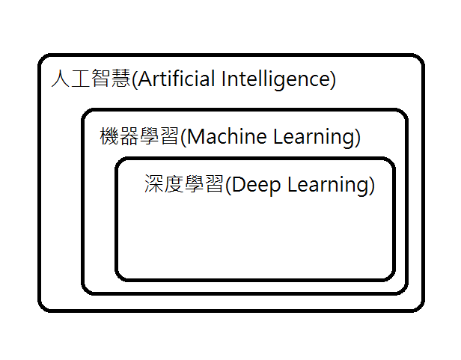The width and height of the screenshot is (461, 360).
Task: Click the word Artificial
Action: [177, 79]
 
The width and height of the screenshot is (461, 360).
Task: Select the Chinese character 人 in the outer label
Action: [61, 79]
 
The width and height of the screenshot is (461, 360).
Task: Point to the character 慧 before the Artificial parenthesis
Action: [120, 79]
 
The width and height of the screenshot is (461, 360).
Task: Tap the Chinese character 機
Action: [109, 137]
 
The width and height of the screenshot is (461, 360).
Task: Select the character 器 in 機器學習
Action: [129, 137]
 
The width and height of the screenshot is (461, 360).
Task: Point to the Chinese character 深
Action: [154, 184]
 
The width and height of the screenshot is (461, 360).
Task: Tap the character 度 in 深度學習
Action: [174, 184]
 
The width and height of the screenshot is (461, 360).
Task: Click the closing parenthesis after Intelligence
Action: [332, 79]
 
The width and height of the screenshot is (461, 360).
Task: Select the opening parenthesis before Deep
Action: [228, 185]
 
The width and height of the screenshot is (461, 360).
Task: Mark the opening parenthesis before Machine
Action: [183, 138]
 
